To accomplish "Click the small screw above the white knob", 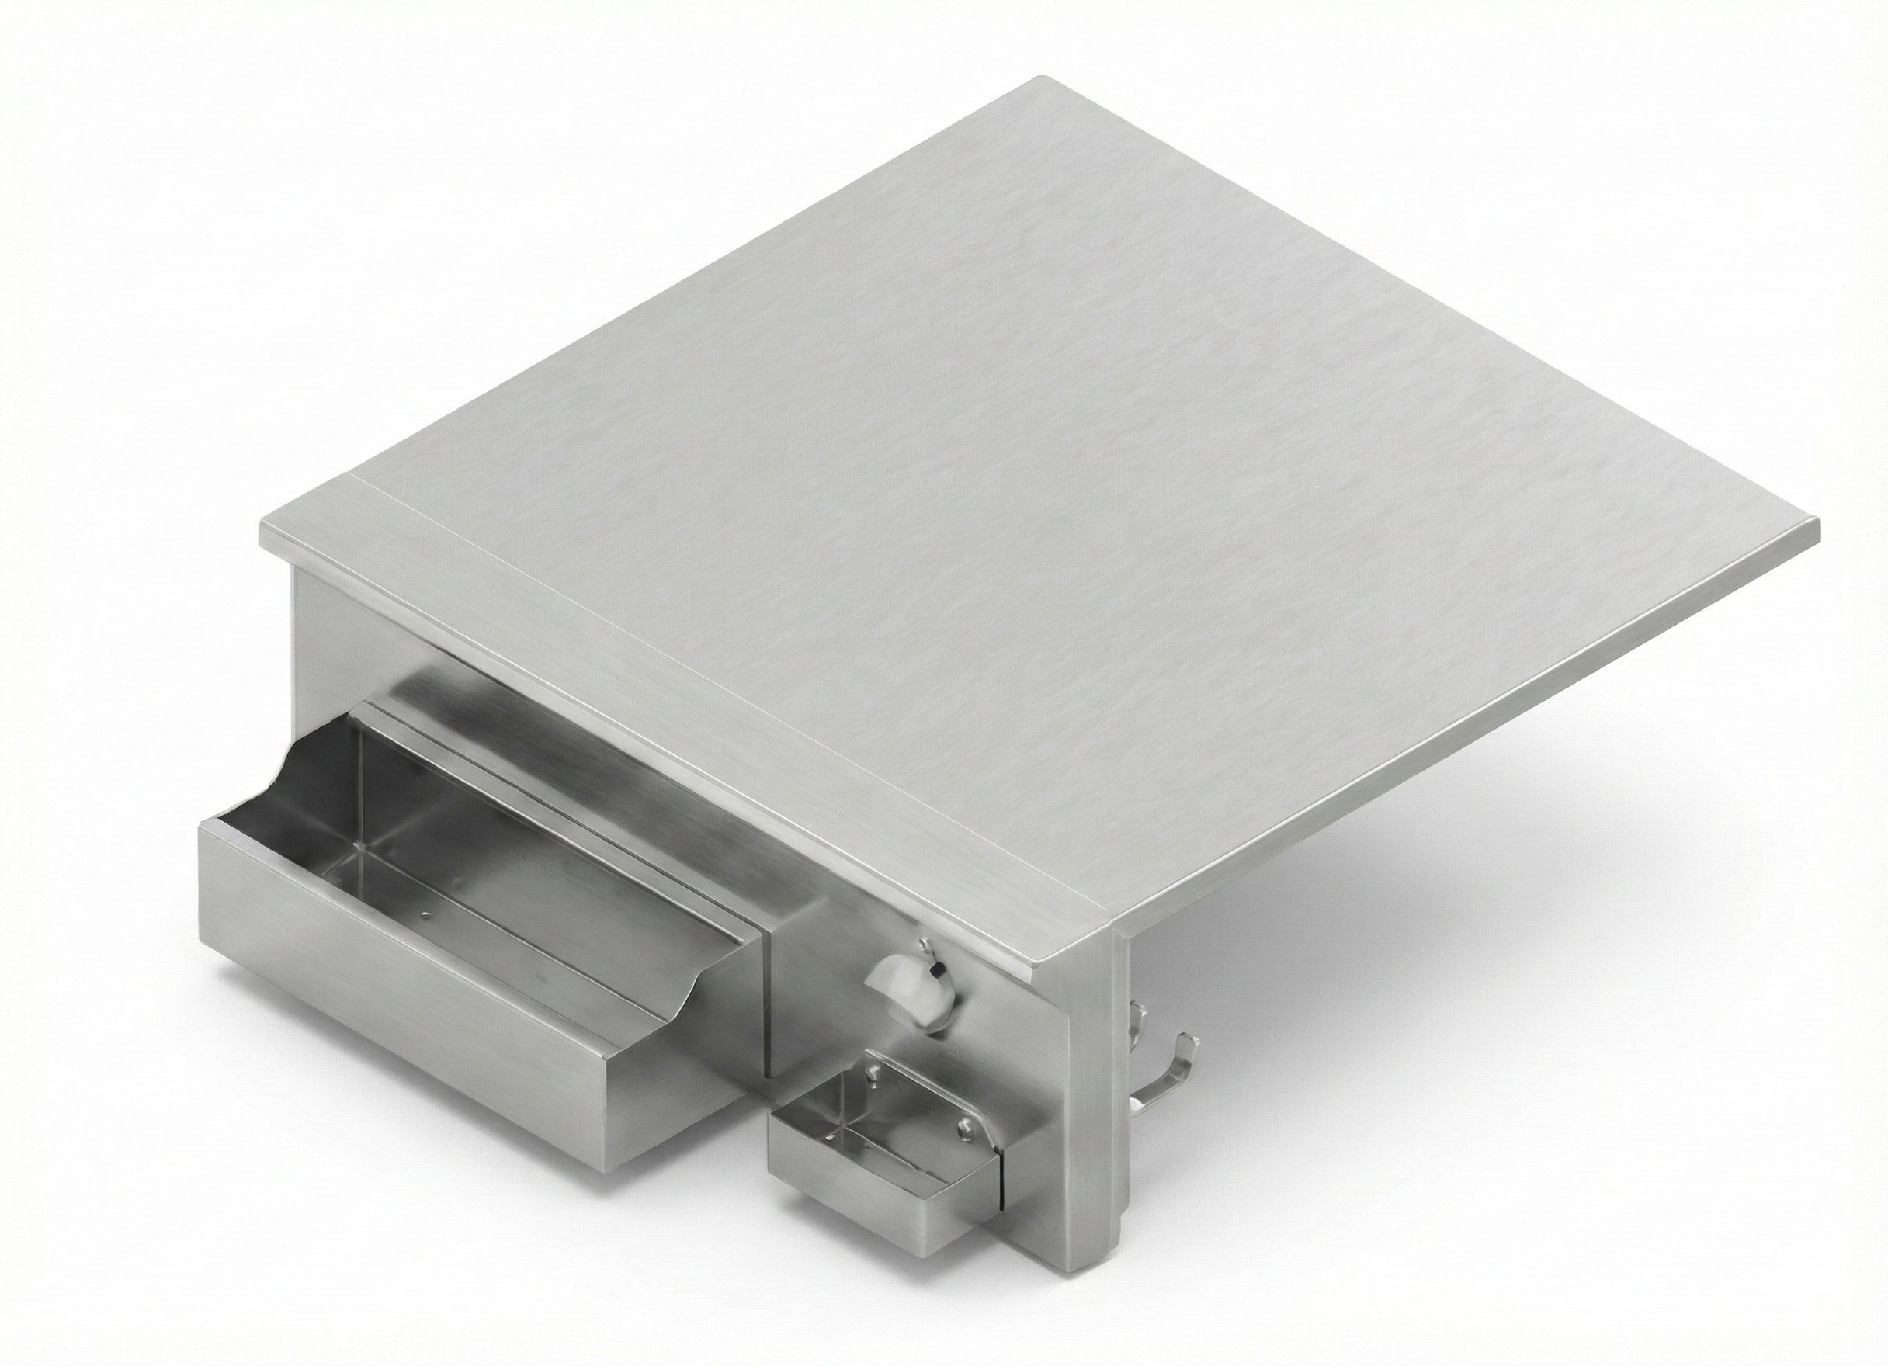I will [924, 944].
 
